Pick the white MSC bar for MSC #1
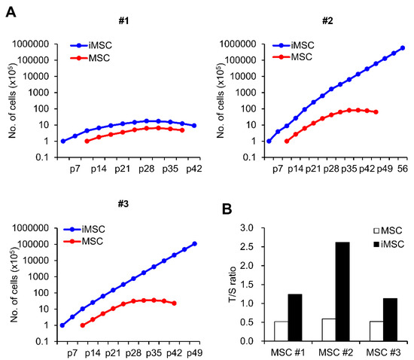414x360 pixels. coord(280,331)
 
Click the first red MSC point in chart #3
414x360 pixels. coord(82,325)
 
